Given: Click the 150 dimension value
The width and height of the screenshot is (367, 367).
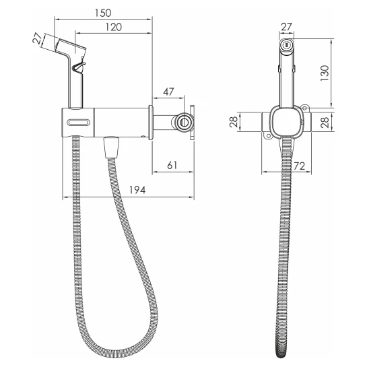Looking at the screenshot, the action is [x=103, y=13].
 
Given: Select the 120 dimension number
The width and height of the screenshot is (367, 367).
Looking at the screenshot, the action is [x=114, y=27].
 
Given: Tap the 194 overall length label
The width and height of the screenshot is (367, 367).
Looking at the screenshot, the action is [x=137, y=190].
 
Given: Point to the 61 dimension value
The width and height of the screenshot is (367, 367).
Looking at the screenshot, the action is [x=172, y=165].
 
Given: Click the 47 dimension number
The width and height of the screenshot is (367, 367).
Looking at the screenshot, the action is [x=168, y=92].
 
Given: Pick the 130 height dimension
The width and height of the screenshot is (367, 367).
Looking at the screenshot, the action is [x=325, y=73].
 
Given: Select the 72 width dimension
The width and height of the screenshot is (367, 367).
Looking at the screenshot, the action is [x=300, y=166].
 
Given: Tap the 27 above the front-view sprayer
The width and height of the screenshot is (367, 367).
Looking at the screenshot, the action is [x=286, y=27].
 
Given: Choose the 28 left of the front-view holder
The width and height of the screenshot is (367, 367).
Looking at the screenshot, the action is [x=234, y=122].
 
